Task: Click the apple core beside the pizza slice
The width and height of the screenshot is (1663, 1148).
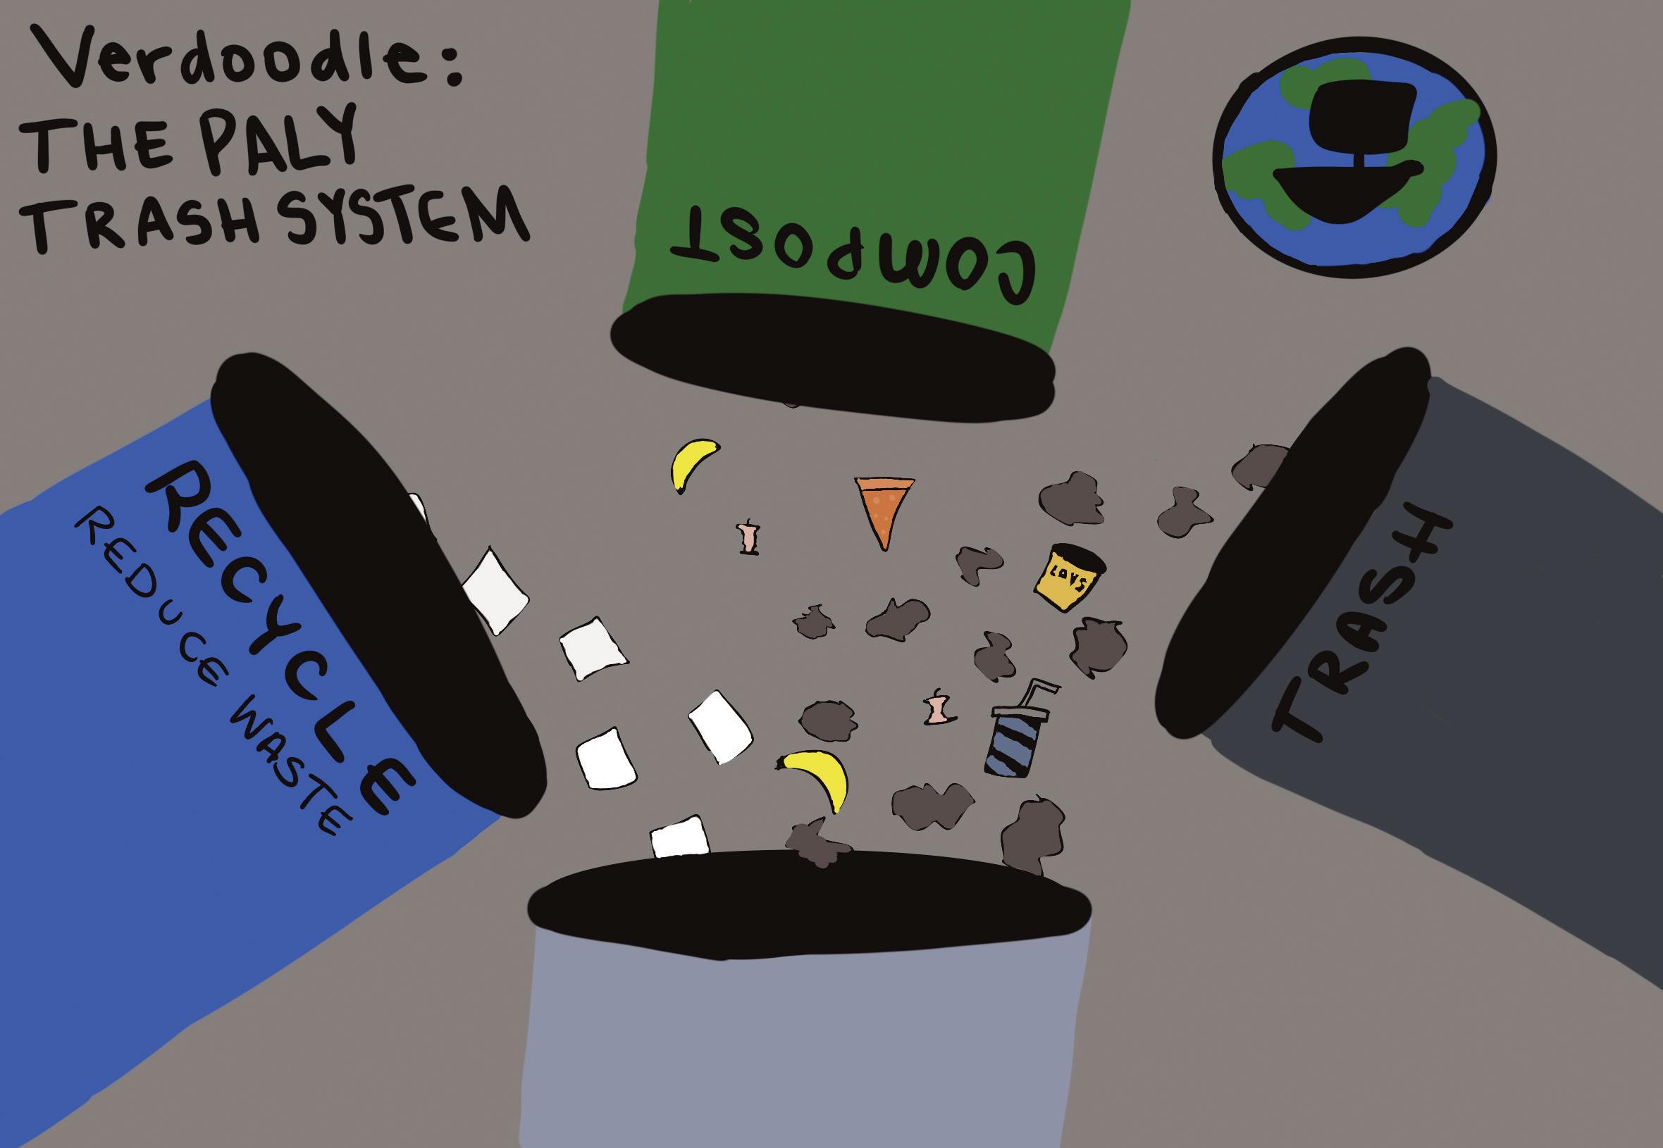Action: [750, 536]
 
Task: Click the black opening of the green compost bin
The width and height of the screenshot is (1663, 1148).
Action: [831, 360]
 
